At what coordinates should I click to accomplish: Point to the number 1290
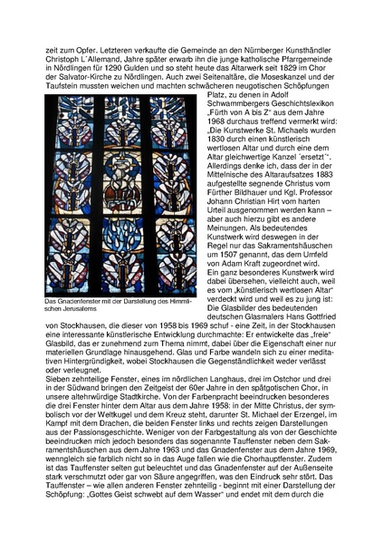pyautogui.click(x=126, y=65)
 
